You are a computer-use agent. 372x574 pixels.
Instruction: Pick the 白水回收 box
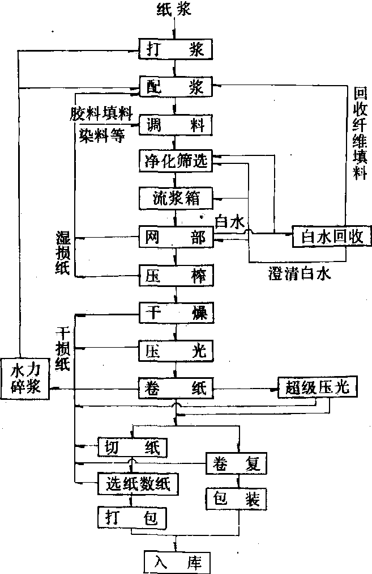pos(331,236)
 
